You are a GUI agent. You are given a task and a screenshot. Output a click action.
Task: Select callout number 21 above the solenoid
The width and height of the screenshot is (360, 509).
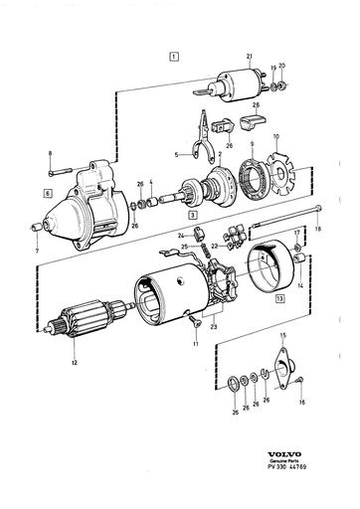tap(250, 59)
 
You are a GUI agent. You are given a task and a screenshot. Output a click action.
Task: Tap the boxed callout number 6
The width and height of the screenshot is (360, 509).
tap(47, 186)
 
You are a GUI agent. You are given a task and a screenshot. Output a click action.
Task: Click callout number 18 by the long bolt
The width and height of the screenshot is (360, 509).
tap(317, 229)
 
